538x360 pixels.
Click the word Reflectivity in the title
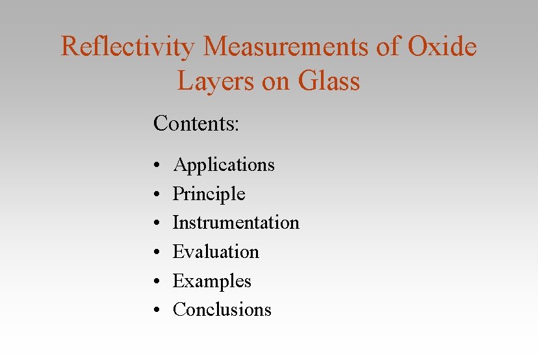click(127, 47)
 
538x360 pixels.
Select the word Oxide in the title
click(442, 47)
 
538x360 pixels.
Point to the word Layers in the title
click(213, 81)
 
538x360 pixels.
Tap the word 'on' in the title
click(275, 81)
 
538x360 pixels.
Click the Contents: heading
click(196, 123)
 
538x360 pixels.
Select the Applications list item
click(224, 166)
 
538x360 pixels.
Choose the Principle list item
click(209, 194)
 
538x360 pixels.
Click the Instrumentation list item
click(236, 223)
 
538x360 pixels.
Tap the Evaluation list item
click(216, 252)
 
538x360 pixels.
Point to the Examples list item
click(212, 281)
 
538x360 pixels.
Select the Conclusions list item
click(222, 310)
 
